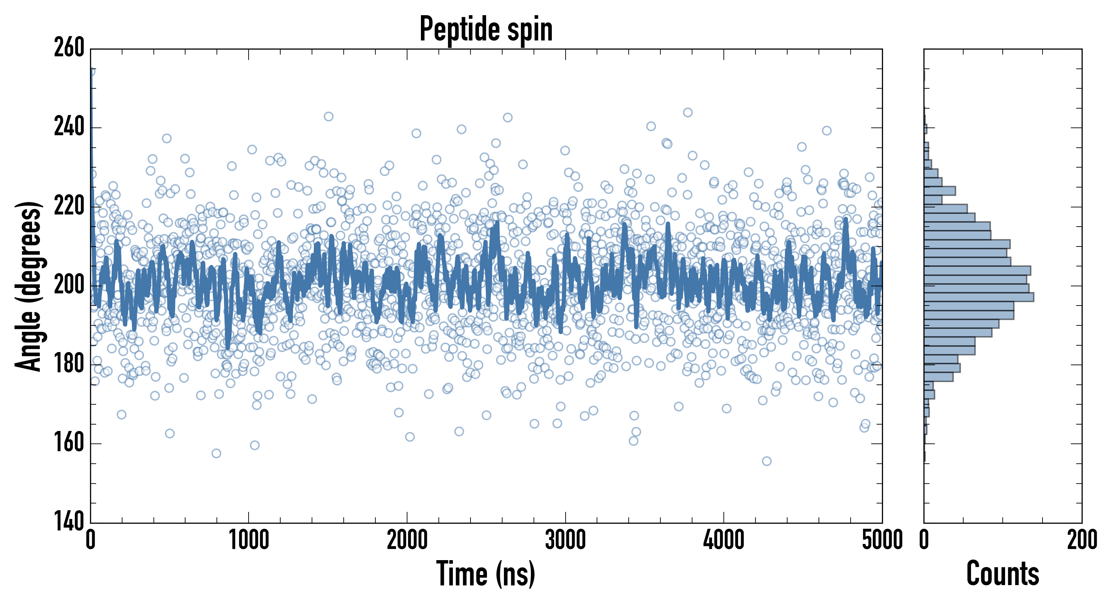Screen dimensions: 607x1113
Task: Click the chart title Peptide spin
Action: [x=486, y=29]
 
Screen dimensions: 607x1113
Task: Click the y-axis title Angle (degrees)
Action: [x=29, y=286]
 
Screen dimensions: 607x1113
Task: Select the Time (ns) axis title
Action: [x=486, y=574]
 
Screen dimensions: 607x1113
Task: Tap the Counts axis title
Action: [x=1003, y=574]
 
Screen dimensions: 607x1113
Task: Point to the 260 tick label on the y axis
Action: [x=69, y=48]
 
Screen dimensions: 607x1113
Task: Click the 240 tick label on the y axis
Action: [x=69, y=127]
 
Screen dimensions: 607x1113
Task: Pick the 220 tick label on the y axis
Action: [x=69, y=206]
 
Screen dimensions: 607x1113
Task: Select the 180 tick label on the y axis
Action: [x=69, y=365]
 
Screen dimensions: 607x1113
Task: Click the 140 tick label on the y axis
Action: [x=69, y=522]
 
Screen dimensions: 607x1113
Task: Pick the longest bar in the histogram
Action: [x=979, y=297]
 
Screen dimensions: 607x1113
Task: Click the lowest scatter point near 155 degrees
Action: [x=767, y=461]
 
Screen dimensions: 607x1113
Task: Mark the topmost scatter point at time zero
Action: [x=91, y=71]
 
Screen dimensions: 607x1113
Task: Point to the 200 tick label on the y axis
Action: [x=69, y=286]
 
